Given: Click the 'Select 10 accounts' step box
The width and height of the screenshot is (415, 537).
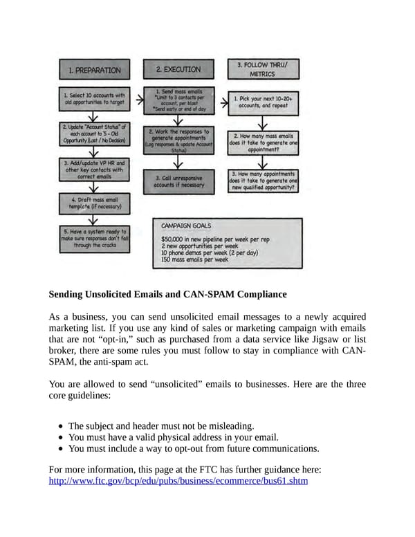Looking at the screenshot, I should point(94,98).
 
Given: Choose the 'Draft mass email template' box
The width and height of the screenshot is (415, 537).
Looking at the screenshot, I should point(94,202).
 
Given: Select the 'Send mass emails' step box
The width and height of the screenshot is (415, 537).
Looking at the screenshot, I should point(178,100).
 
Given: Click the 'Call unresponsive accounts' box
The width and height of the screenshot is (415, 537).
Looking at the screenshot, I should point(178,181).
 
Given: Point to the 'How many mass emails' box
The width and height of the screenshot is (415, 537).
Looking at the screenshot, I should point(264,143).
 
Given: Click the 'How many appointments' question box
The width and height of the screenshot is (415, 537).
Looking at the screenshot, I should point(264,181).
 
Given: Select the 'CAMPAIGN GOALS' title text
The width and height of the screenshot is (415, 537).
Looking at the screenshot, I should point(186,226).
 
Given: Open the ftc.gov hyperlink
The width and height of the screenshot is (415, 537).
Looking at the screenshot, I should point(178,481).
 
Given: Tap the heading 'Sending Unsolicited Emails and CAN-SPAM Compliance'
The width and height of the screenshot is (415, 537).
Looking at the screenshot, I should point(167,294).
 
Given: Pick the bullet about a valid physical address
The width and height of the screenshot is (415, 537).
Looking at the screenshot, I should point(173,437).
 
